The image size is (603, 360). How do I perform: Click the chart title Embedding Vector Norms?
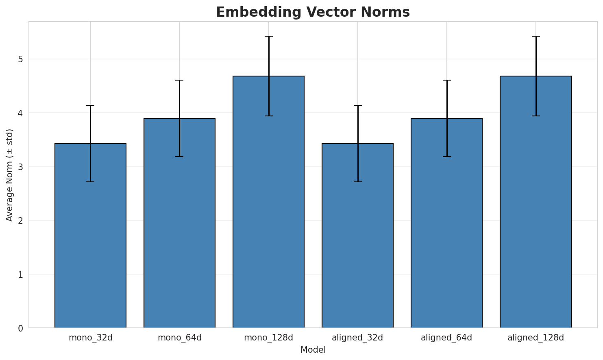313,12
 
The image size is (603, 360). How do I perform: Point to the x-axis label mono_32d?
90,338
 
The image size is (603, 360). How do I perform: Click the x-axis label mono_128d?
268,338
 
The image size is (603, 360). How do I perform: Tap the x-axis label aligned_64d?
446,338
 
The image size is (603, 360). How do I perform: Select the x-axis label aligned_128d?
536,338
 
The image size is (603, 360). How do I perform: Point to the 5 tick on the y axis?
20,59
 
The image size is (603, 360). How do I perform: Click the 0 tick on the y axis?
20,328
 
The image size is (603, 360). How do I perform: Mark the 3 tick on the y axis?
20,167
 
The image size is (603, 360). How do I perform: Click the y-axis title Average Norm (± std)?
10,175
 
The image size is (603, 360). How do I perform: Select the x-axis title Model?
313,350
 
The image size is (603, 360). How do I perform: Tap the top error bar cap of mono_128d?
268,36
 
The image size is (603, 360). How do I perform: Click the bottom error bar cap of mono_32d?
90,182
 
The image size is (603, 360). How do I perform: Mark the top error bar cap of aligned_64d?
446,80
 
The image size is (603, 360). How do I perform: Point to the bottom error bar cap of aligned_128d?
536,116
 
